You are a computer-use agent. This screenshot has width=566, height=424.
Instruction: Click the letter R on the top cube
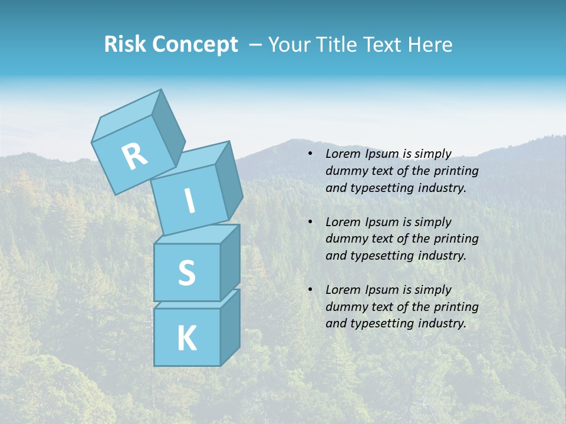coord(134,157)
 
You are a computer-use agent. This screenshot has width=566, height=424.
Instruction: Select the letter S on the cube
coord(186,273)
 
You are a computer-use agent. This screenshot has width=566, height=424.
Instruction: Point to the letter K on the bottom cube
coord(186,339)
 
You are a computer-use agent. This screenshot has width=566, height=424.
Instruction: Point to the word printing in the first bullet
coord(456,171)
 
